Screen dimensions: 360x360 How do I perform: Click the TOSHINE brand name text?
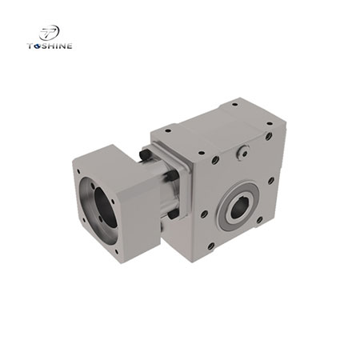pos(49,46)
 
